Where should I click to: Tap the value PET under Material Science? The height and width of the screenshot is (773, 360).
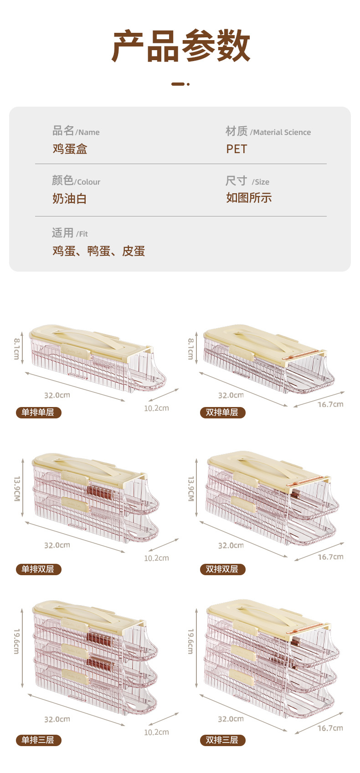tap(237, 149)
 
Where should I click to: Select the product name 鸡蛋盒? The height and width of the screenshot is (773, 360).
tap(70, 149)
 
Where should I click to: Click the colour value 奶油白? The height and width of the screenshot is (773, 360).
tap(69, 199)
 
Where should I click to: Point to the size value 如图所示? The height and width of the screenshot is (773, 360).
tap(249, 198)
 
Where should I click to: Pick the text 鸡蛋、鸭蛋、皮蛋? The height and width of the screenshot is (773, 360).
tap(98, 251)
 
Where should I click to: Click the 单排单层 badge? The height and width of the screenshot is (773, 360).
tap(38, 412)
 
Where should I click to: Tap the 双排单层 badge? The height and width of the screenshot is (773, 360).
tap(222, 412)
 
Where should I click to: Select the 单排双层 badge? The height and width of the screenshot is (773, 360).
tap(38, 569)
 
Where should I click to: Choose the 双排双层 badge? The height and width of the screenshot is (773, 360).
tap(222, 569)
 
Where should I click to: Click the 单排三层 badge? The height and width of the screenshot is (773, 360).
tap(38, 740)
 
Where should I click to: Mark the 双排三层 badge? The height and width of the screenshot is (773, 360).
tap(222, 740)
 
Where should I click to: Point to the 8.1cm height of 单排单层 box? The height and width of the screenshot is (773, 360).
tap(16, 349)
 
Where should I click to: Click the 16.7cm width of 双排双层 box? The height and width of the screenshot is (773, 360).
tap(330, 557)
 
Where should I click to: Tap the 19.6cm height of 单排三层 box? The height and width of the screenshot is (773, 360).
tap(16, 641)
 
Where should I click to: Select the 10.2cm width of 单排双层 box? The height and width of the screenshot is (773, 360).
tap(156, 558)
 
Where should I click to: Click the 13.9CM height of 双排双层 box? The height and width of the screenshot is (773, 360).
tap(191, 489)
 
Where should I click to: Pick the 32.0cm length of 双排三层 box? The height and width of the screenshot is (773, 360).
tap(231, 719)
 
